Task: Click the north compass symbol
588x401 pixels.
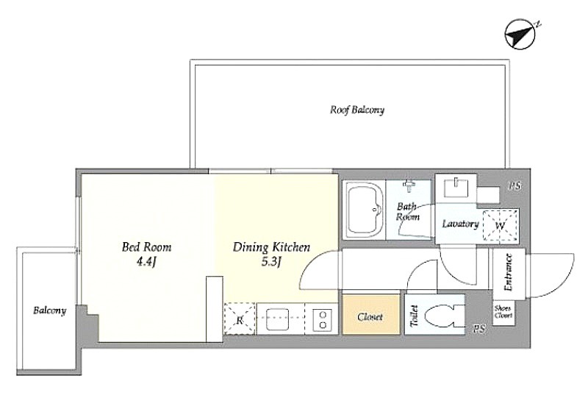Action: point(520,35)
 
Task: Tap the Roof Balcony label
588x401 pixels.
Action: point(357,110)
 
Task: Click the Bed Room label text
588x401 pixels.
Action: point(146,247)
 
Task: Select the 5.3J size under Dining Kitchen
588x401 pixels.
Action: point(271,262)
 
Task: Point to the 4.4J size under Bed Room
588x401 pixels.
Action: point(146,262)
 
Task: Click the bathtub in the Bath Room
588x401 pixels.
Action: point(364,210)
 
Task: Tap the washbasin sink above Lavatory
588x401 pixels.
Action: point(456,188)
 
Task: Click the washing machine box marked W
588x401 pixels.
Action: point(501,225)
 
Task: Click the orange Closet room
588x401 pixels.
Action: point(370,315)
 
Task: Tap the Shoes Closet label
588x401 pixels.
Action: point(503,312)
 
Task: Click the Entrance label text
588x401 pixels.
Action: point(509,272)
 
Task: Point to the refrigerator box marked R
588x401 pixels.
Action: point(240,319)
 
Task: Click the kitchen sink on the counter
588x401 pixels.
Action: point(278,319)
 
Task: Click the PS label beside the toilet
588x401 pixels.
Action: point(479,330)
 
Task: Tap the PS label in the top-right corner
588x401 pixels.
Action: point(515,185)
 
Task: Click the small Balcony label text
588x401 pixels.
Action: point(50,310)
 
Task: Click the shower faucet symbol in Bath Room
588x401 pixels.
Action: point(409,184)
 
